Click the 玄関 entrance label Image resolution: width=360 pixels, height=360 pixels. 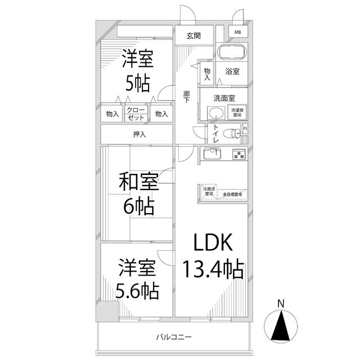point(193,35)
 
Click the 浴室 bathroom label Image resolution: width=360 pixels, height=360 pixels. point(232,71)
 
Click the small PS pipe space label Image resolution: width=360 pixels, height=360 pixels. point(245,129)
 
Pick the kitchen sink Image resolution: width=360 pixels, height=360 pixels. point(211,153)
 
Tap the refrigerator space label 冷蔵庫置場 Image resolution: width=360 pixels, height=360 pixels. point(209,191)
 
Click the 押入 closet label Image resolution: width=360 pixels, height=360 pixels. point(138,134)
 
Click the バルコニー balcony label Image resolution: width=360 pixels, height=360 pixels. point(174,337)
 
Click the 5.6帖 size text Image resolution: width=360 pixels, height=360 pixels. point(137,291)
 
